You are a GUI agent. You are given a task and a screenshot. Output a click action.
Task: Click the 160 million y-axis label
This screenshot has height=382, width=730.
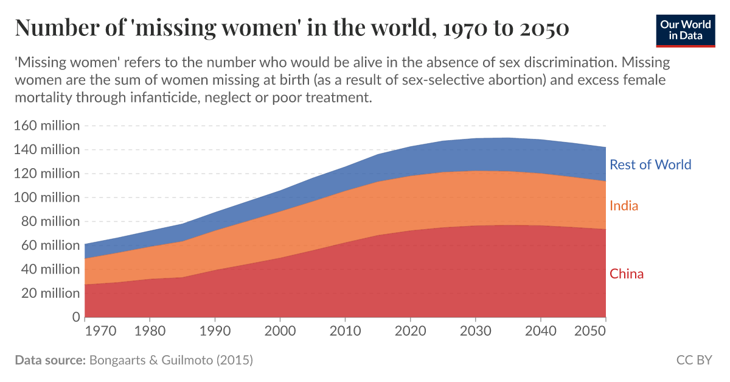[x=47, y=126]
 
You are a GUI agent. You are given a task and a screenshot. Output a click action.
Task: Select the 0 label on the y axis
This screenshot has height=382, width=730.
[x=76, y=317]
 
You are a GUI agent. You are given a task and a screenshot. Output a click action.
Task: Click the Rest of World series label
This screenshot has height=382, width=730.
[x=650, y=164]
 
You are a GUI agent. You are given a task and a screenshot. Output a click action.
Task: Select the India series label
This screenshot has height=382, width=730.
[x=624, y=206]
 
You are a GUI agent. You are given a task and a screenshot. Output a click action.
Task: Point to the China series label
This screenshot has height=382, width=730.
[x=627, y=274]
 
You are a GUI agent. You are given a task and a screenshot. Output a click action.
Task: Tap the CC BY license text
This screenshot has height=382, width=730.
[x=693, y=360]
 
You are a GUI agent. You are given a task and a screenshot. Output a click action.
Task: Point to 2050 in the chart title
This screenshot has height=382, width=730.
[x=544, y=28]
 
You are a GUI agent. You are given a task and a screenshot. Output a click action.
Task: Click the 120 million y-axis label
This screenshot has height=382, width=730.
[x=47, y=174]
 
